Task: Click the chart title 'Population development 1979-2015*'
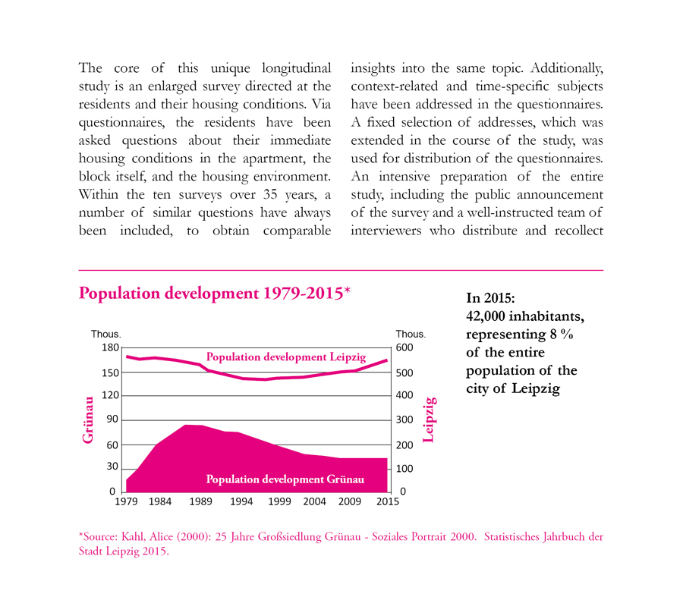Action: [215, 294]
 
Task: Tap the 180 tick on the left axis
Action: [110, 347]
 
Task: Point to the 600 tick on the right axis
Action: [404, 347]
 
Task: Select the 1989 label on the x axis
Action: [201, 501]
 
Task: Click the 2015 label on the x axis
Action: [388, 501]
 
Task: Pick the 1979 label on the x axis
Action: [126, 501]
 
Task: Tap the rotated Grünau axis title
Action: [87, 419]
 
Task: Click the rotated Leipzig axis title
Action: [429, 419]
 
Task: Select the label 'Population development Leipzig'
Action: [286, 357]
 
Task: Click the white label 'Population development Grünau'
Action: [285, 479]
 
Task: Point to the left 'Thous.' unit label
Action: [105, 334]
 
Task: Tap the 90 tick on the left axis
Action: [112, 419]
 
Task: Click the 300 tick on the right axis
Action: [404, 419]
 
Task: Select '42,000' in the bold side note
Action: [485, 316]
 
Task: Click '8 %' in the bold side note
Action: [562, 334]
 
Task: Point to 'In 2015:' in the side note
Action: [490, 298]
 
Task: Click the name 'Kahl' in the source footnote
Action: [134, 536]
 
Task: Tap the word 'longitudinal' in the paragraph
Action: [296, 68]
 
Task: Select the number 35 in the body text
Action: [270, 194]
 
